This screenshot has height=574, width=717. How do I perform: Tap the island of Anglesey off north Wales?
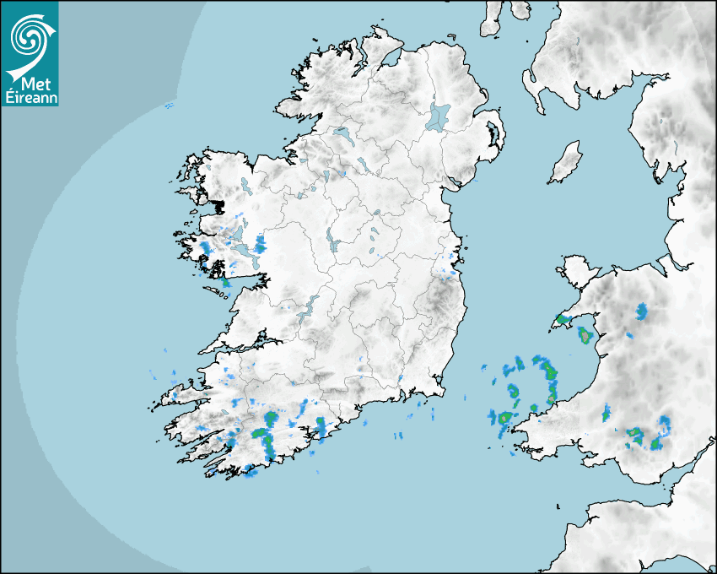(578, 271)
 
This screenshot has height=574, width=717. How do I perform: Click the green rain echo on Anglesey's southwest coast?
(563, 321)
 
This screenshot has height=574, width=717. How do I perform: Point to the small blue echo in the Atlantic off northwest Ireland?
(169, 106)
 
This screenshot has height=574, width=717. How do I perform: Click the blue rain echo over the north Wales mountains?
(642, 312)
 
